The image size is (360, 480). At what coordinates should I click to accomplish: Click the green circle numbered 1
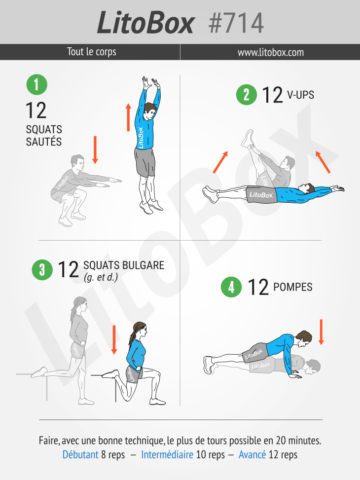point(36,85)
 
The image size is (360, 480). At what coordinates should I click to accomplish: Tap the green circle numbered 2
point(247,95)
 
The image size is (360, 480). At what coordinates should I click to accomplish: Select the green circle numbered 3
point(42,270)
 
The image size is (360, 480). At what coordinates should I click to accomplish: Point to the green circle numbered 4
point(231,287)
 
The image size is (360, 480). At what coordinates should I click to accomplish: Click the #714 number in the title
point(236,23)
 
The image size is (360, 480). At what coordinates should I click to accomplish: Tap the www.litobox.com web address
point(271,52)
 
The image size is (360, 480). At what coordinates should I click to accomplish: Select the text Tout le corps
point(92,52)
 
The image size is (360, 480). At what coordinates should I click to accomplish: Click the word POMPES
point(292,287)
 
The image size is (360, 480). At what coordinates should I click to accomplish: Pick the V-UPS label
point(300,95)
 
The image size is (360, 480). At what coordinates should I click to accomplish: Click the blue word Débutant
point(80,454)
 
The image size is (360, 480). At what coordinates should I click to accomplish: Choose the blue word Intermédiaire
point(167,454)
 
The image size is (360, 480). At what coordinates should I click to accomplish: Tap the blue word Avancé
point(252,454)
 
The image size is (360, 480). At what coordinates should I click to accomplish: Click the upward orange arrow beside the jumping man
point(128,117)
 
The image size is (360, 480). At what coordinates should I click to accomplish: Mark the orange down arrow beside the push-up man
point(321,332)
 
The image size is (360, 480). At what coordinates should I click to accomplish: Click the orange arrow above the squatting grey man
point(95,150)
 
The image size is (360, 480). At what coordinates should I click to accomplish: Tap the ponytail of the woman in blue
point(132,337)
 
